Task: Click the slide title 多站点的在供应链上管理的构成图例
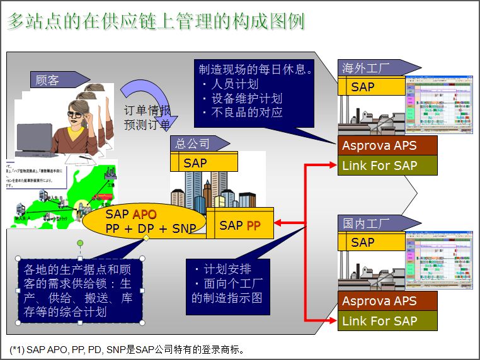156,21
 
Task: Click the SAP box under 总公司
203,163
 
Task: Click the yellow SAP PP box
240,225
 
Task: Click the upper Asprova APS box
387,145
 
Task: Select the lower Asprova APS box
387,301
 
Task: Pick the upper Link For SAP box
387,166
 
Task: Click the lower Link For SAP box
387,321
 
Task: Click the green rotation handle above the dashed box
80,242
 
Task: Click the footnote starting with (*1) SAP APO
127,349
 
